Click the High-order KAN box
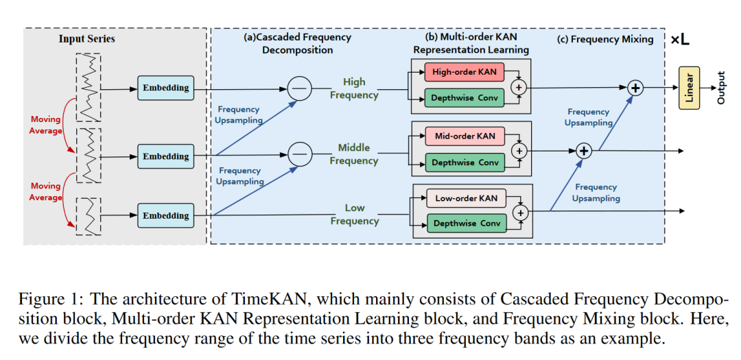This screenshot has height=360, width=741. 464,72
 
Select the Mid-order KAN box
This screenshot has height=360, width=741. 464,136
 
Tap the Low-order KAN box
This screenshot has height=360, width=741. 466,199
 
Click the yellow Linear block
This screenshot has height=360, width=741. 688,88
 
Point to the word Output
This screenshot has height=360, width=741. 720,88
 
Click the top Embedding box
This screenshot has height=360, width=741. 165,88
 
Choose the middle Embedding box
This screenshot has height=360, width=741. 165,156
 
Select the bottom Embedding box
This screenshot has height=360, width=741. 165,215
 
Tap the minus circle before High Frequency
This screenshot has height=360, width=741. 298,88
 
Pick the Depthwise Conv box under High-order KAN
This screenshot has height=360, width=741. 464,98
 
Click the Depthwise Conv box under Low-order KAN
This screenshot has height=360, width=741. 466,224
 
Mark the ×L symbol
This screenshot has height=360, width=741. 680,40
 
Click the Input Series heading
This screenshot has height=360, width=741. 86,38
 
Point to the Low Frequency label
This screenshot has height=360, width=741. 354,214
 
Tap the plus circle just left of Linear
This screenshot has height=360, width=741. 635,88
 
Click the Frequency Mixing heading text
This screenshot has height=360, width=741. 604,39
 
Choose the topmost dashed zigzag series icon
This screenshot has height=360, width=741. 89,85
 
